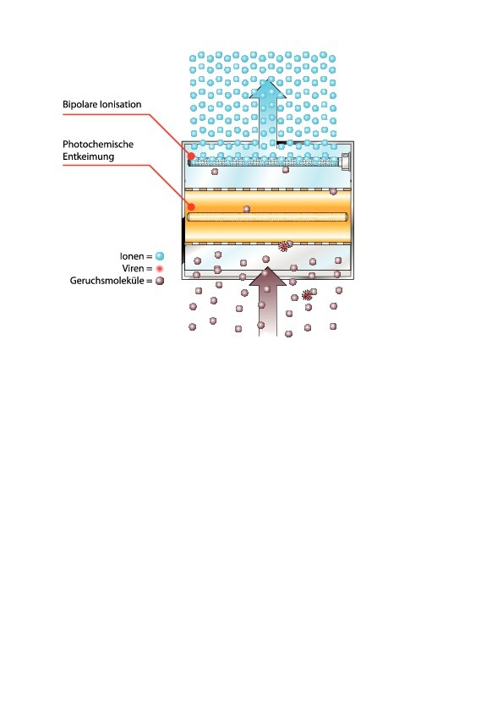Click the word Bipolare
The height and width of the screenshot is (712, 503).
[78, 105]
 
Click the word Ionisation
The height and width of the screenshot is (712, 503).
[118, 105]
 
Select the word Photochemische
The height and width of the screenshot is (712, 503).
[98, 145]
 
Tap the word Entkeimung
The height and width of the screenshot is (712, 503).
[88, 156]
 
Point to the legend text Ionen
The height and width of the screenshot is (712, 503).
[132, 256]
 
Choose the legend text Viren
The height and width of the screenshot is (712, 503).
[133, 268]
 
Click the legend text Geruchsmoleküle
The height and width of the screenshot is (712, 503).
[107, 281]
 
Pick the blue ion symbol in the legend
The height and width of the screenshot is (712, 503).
[159, 256]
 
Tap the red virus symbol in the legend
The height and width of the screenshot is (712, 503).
[159, 268]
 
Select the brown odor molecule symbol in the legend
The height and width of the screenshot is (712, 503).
[159, 281]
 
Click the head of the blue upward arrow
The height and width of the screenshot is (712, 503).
[268, 88]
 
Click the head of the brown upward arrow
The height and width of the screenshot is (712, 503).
[268, 277]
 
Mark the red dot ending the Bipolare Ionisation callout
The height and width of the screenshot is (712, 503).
[192, 156]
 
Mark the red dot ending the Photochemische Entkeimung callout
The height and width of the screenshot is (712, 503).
[192, 207]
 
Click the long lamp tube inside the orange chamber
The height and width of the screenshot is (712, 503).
[268, 217]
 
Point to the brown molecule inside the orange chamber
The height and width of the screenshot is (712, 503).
[247, 209]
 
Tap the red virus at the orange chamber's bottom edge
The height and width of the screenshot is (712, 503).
[284, 247]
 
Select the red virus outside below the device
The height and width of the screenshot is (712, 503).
[307, 295]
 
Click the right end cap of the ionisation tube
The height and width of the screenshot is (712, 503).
[345, 161]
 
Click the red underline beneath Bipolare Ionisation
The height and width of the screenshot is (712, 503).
[107, 114]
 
